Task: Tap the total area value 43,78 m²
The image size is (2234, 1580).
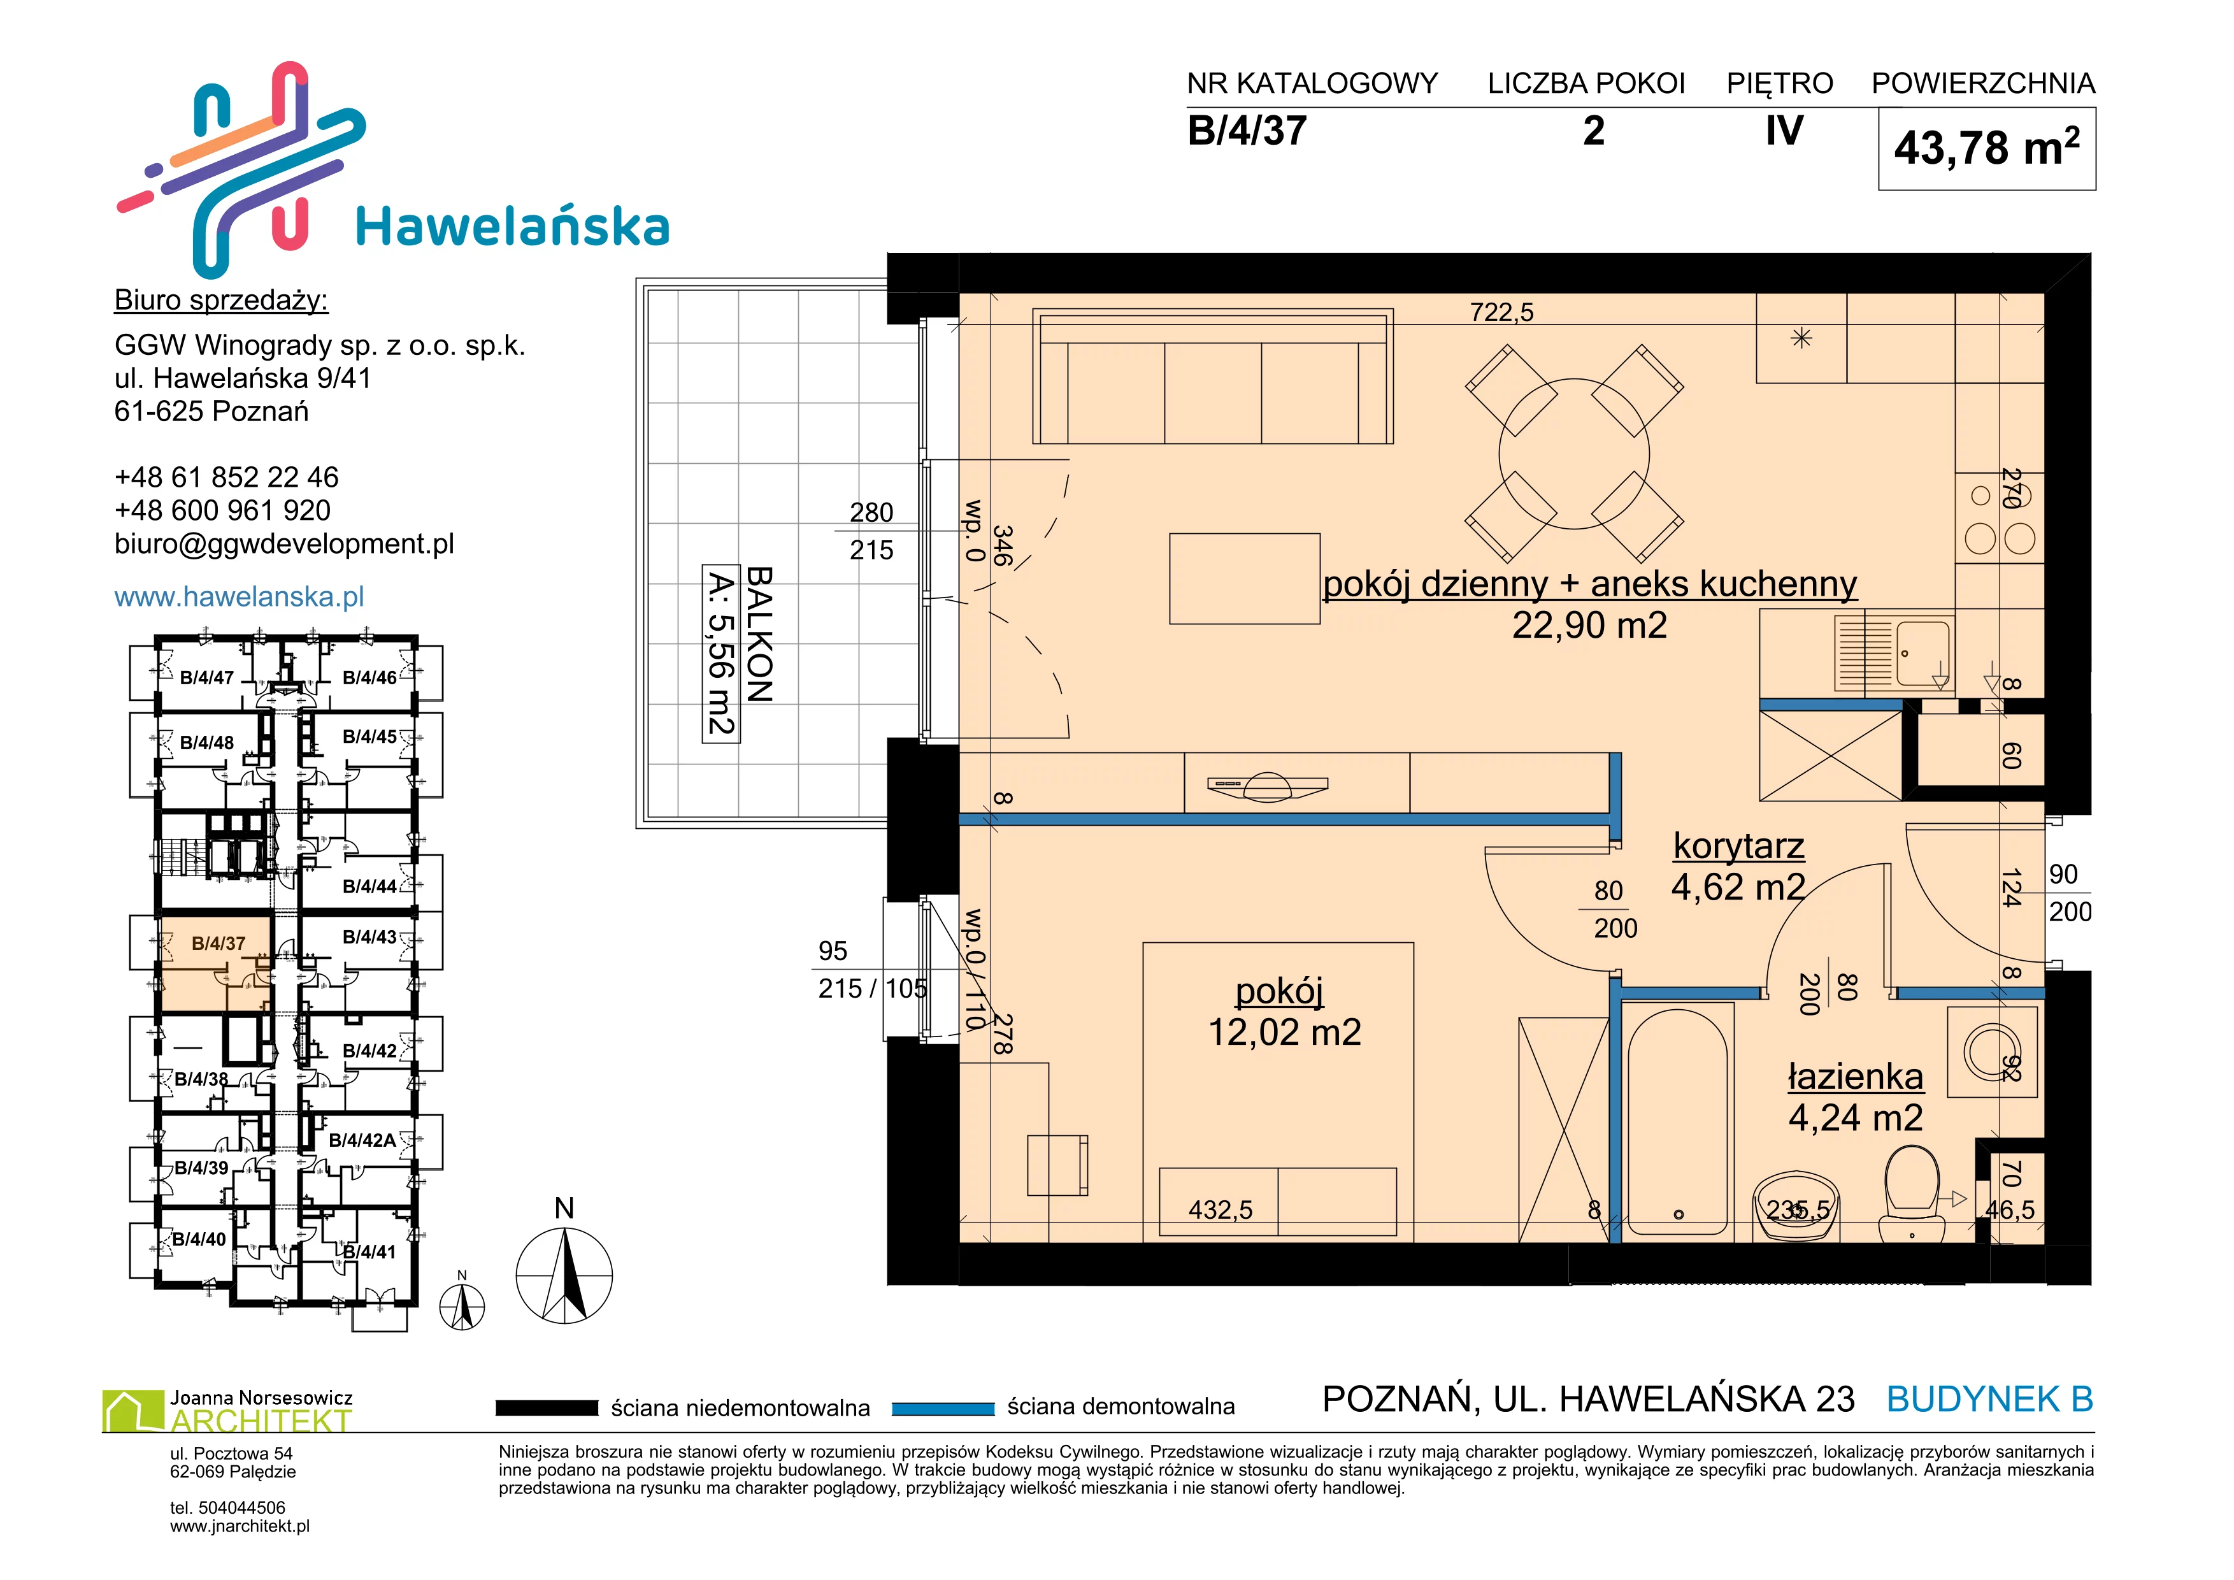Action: pos(1986,148)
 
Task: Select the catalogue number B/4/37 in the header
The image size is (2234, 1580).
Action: pos(1247,131)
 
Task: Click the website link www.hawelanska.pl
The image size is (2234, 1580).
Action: pos(240,596)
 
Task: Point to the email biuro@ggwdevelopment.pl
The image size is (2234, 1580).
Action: pos(284,544)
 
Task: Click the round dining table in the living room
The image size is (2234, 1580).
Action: pos(1574,454)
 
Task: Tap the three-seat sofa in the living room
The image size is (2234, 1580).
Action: pos(1212,377)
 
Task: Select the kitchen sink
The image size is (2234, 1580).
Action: pos(1893,654)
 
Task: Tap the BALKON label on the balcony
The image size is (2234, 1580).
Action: pos(759,635)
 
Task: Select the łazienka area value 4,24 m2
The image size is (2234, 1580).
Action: pos(1854,1118)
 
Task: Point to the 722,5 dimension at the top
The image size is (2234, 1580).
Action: pos(1501,312)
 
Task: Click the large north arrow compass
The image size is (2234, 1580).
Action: pos(564,1274)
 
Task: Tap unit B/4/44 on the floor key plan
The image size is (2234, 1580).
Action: pos(369,886)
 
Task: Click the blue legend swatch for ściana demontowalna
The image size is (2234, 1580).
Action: pos(943,1408)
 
